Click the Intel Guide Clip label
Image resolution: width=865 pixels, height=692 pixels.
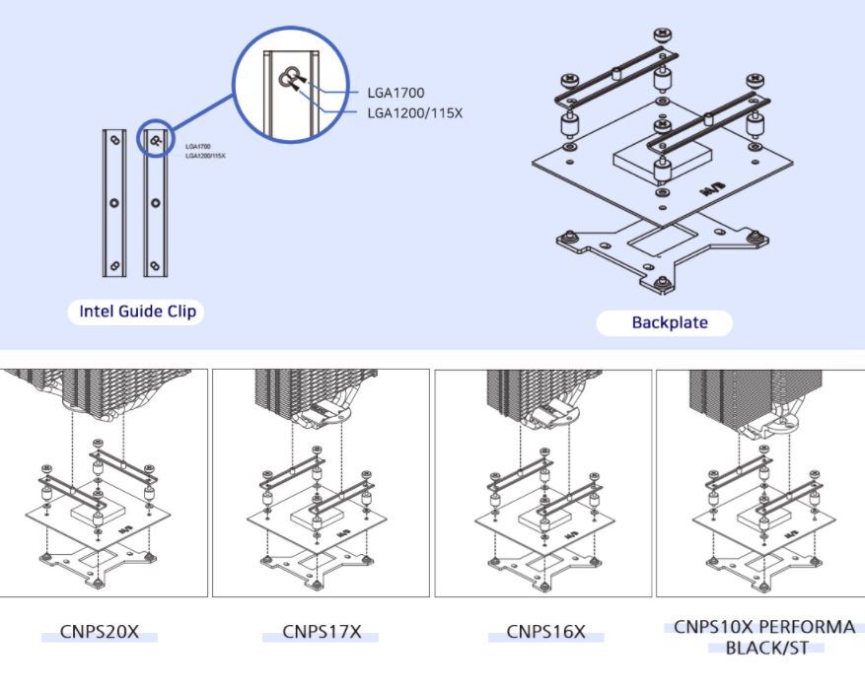click(138, 312)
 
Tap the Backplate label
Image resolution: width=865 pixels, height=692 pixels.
click(664, 322)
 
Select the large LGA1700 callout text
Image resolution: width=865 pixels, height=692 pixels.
click(396, 93)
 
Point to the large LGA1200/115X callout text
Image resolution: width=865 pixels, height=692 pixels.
click(414, 113)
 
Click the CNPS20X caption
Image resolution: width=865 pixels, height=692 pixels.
click(99, 632)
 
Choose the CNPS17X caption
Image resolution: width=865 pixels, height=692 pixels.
click(321, 632)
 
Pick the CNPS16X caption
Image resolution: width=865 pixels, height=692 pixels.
click(544, 632)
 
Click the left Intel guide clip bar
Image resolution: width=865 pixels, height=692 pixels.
click(113, 203)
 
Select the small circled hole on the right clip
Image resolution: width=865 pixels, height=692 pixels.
click(156, 140)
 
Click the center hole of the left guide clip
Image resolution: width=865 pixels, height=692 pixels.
click(113, 203)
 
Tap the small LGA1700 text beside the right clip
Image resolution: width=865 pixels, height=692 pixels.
click(198, 146)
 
